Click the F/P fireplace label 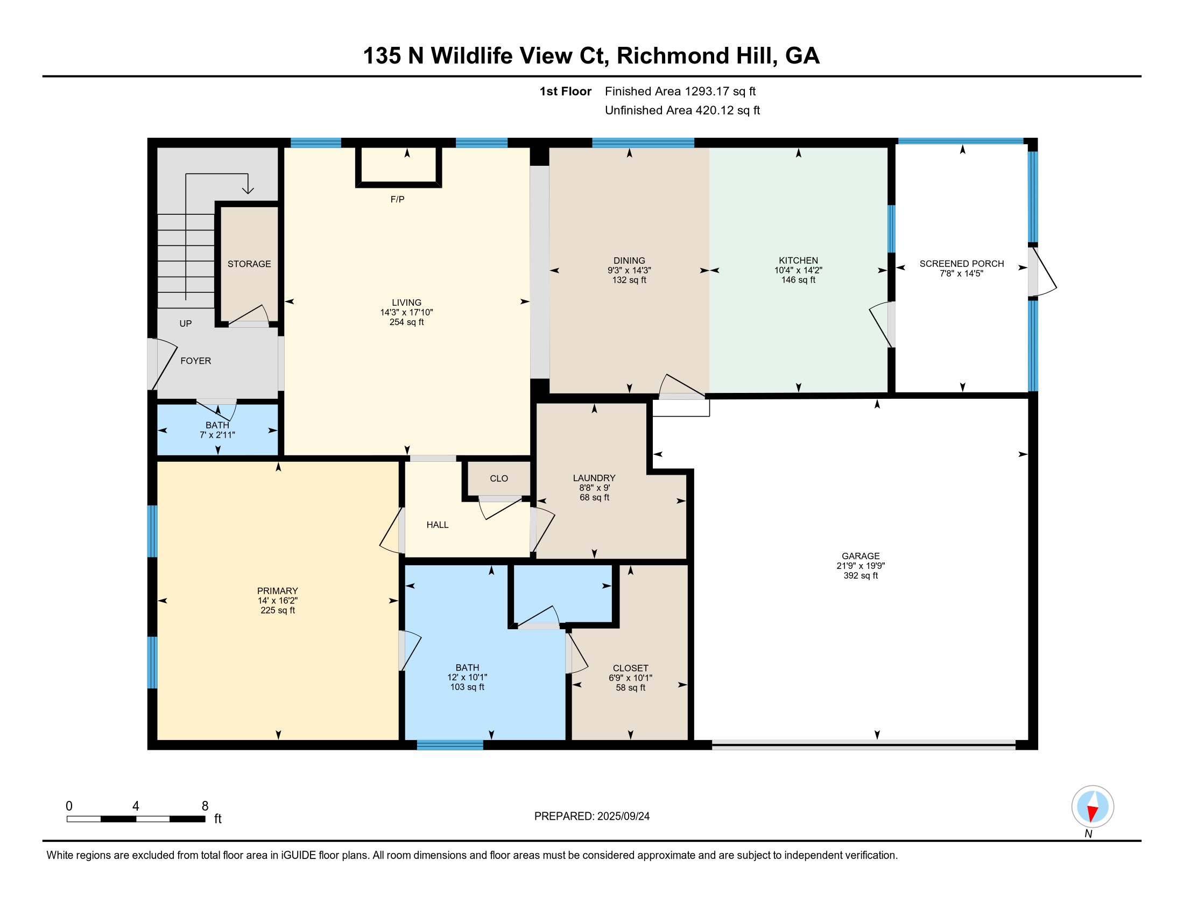coord(397,200)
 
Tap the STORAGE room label coord(249,264)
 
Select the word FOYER coord(196,361)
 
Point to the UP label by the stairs coord(186,323)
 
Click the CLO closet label coord(499,478)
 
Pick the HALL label coord(438,525)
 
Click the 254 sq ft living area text coord(406,322)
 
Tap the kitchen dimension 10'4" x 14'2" coord(798,270)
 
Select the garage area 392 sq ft coord(861,575)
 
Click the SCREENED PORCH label coord(962,264)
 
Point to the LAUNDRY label coord(594,478)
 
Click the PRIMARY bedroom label coord(278,591)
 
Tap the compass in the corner coord(1093,807)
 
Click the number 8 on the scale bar coord(205,806)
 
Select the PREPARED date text coord(592,817)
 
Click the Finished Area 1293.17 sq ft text coord(680,91)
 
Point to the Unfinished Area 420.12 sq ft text coord(682,110)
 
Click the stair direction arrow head coord(248,189)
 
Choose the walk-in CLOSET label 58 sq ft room coord(631,668)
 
